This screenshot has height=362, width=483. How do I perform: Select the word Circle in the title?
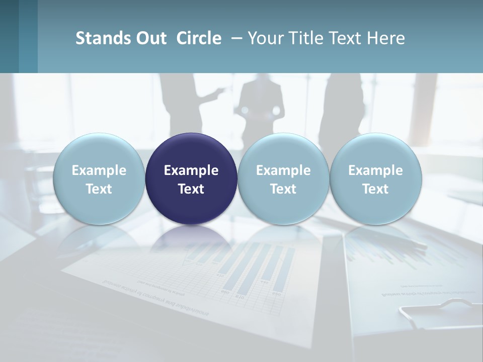[199, 38]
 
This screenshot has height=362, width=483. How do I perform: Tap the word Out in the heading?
[150, 38]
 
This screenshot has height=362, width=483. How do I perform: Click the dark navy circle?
[191, 178]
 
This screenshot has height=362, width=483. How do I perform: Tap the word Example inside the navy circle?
[191, 170]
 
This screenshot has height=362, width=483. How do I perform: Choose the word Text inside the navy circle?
[191, 189]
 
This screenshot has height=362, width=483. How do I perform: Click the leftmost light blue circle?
[99, 178]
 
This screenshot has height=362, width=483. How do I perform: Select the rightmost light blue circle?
[375, 178]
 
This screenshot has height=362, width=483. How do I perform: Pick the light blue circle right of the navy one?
[283, 178]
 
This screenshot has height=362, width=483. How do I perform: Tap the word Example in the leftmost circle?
[99, 170]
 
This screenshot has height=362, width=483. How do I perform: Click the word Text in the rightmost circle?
[375, 189]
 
